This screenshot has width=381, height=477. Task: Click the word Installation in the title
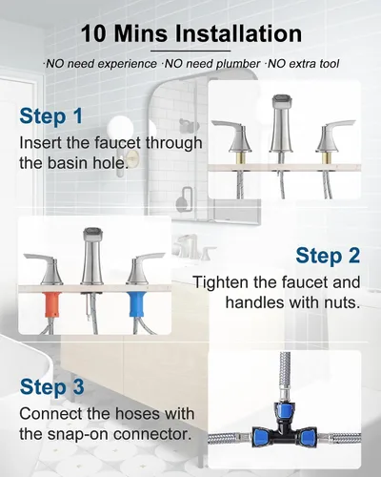[238, 33]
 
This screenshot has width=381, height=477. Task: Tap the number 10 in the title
[93, 33]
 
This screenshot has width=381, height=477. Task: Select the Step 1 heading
[51, 116]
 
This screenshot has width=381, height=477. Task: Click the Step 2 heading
[328, 256]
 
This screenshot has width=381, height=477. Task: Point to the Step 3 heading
[51, 387]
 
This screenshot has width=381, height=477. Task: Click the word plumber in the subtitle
[238, 64]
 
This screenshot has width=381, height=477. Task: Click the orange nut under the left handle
[52, 304]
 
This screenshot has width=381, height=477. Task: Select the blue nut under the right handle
[137, 304]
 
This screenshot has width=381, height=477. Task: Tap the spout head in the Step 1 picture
[281, 102]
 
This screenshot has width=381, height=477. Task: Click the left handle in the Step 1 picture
[232, 136]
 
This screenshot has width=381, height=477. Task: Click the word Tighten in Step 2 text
[221, 282]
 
